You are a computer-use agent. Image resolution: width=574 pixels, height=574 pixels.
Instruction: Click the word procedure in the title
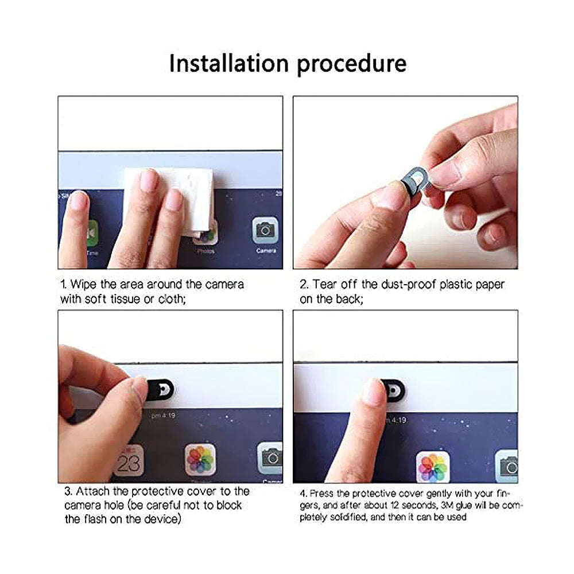pos(351,64)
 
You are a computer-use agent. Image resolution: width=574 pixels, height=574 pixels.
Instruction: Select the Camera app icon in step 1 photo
pos(265,231)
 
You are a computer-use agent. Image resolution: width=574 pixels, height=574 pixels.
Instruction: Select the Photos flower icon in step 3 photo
pos(200,459)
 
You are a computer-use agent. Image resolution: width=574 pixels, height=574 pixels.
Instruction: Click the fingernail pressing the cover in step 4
pos(374,392)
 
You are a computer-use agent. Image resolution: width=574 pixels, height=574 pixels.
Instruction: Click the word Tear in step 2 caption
pos(325,285)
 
